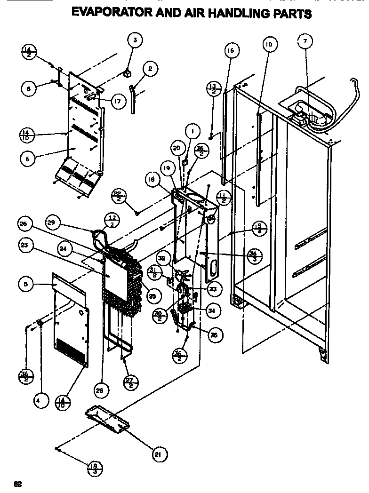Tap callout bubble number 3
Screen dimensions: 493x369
[x=135, y=40]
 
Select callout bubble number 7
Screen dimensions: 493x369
[x=305, y=42]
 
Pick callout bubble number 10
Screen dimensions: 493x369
[x=269, y=45]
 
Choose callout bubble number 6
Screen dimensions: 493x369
[x=28, y=159]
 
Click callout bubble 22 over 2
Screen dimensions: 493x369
[x=119, y=195]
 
